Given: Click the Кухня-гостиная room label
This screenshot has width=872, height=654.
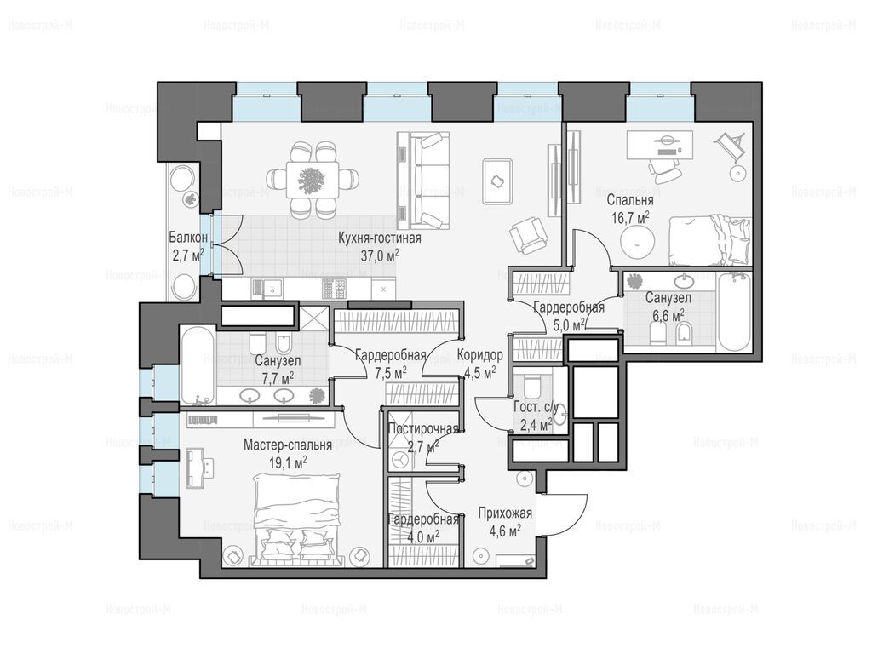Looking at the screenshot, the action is point(380,238).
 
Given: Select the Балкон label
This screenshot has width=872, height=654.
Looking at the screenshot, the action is point(188,238).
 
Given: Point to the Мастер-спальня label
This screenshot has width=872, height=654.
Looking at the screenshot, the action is point(288,445).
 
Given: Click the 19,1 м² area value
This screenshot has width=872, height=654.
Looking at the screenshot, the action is point(288,462).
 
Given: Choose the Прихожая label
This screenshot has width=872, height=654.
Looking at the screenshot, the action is point(505,513).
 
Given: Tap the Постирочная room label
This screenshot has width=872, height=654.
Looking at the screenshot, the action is point(423,429).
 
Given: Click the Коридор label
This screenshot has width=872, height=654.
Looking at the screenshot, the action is point(480,355).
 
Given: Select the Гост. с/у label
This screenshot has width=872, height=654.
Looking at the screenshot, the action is point(532,407).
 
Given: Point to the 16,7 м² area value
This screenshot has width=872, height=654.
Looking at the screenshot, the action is point(631,217).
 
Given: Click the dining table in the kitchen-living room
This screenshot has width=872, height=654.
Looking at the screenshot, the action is point(313,179).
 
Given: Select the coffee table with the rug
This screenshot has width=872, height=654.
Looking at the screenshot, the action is point(497,181).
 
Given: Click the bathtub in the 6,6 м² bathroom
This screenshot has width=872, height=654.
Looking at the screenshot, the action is point(734,312).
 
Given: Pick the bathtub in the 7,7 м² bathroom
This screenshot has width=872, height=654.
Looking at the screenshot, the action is point(198,364).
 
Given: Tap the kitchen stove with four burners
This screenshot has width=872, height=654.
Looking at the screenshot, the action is point(335,289).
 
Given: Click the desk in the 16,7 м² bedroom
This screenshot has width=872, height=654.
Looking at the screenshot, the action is point(660,145).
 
